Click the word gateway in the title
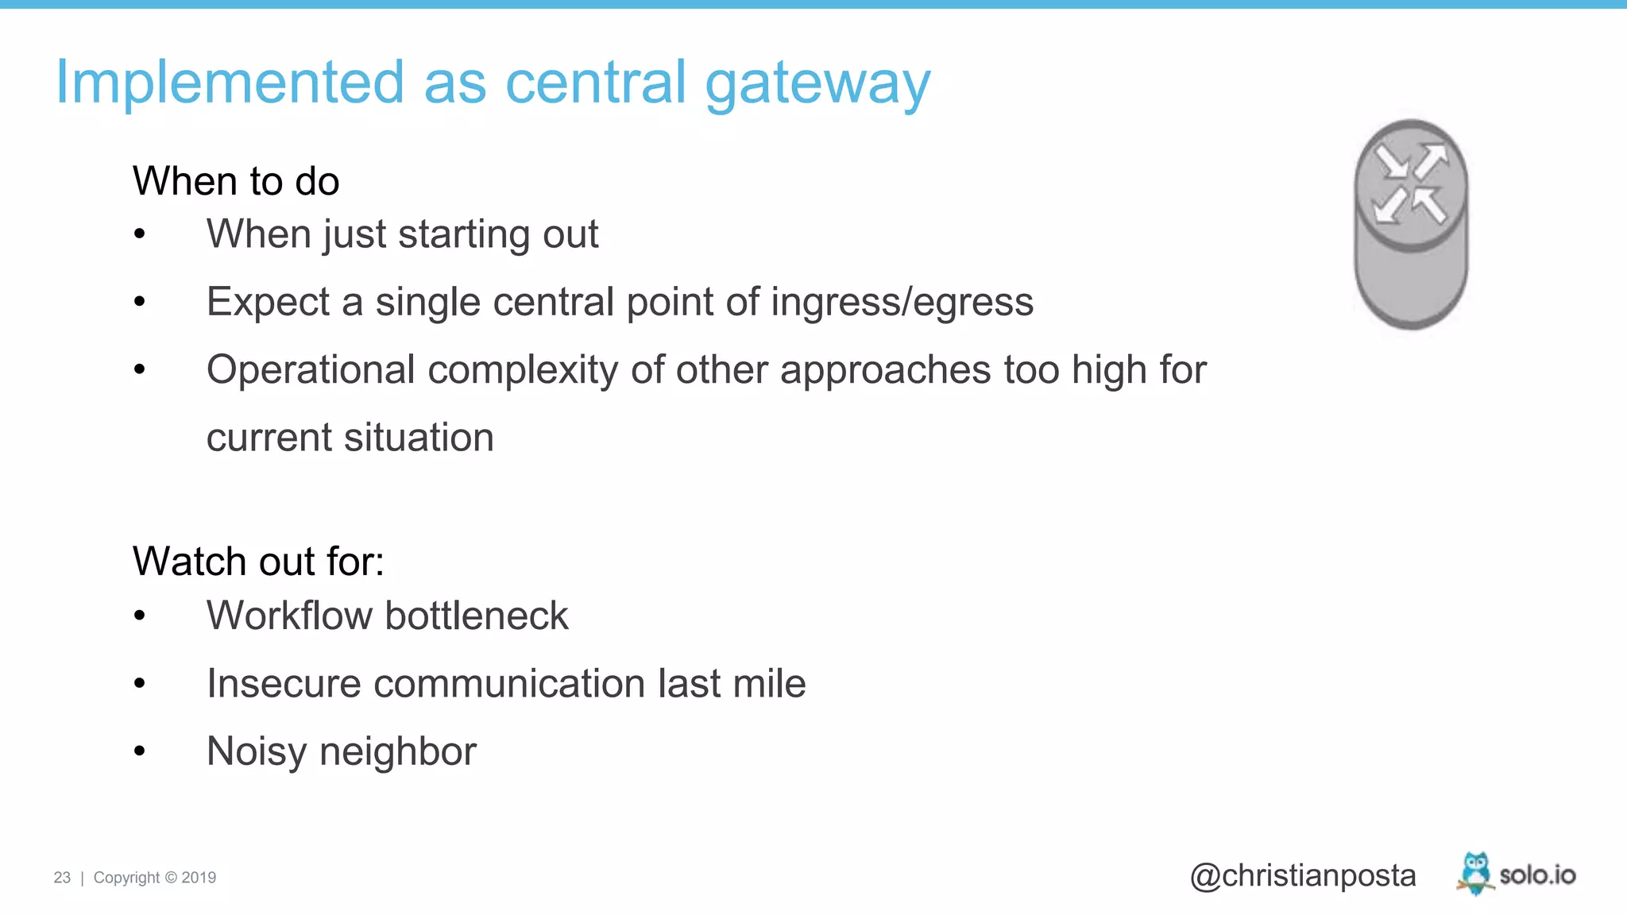click(x=817, y=83)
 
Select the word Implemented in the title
click(x=230, y=83)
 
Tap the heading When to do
click(x=236, y=181)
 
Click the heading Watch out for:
click(x=258, y=562)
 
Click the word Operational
click(x=311, y=370)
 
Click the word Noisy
click(x=256, y=751)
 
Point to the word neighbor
click(x=397, y=751)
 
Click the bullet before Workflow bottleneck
click(x=140, y=616)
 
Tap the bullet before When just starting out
click(x=140, y=234)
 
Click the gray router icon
click(x=1411, y=225)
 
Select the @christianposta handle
click(x=1302, y=875)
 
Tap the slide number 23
click(x=62, y=878)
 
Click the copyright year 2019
click(x=199, y=878)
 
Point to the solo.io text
click(x=1537, y=875)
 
